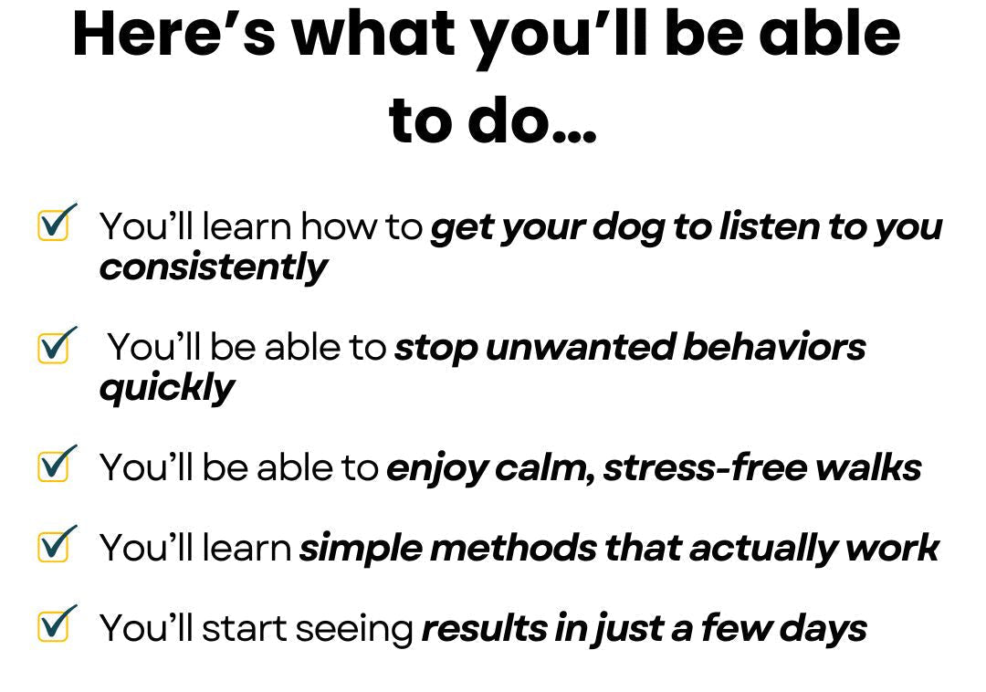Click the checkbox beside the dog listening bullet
pyautogui.click(x=54, y=225)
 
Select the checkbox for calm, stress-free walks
pyautogui.click(x=54, y=466)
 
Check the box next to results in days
pyautogui.click(x=54, y=625)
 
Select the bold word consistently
pyautogui.click(x=213, y=268)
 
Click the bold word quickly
pyautogui.click(x=167, y=388)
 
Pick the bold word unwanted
pyautogui.click(x=580, y=348)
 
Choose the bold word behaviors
pyautogui.click(x=774, y=346)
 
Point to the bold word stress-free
pyautogui.click(x=705, y=467)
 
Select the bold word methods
pyautogui.click(x=513, y=547)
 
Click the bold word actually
pyautogui.click(x=763, y=549)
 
